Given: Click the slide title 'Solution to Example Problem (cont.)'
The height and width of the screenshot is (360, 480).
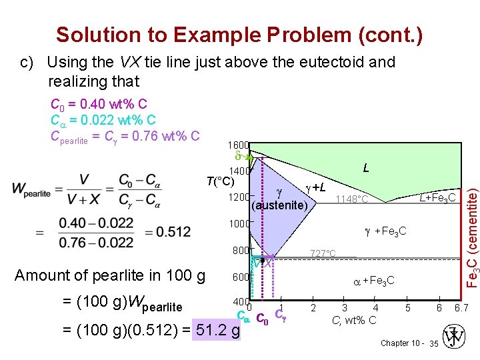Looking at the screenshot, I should coord(239,34).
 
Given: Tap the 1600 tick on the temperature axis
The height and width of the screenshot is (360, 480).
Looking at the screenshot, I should coord(238,145).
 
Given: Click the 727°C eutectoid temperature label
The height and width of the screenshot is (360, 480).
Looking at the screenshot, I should coord(323,253).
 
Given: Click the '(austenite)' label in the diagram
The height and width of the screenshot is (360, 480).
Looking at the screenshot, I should coord(279,205).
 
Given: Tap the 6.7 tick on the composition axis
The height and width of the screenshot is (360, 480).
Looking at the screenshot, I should coord(460,308).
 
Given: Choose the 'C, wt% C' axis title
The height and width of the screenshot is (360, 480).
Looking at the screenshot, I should coord(354,320).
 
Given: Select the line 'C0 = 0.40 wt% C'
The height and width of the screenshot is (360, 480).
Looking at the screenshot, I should coord(99,105).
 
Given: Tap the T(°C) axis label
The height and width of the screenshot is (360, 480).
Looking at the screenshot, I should coord(219,181).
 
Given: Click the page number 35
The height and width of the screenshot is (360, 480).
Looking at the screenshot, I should coord(434,343).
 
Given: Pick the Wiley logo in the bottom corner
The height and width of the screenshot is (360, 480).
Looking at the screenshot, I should coord(457,337).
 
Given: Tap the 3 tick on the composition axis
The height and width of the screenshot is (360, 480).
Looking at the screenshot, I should coord(344,308).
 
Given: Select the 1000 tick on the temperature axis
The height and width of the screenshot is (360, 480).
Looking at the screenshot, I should coord(238,224).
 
